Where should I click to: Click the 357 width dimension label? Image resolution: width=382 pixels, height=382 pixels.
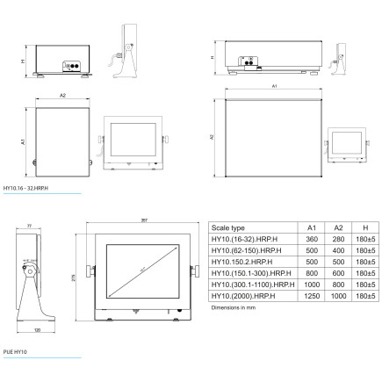tap(142, 220)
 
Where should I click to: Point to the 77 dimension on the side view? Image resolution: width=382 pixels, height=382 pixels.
tap(29, 227)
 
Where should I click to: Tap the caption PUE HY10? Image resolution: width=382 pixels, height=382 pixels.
tap(14, 352)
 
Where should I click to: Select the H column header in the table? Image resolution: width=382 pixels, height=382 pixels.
tap(364, 227)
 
